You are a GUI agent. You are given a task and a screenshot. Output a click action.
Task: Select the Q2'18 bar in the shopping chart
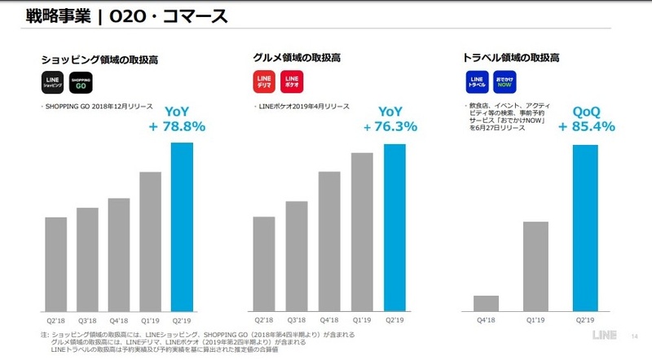tap(55, 265)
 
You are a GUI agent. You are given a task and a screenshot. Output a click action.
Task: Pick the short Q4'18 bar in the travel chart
tap(487, 304)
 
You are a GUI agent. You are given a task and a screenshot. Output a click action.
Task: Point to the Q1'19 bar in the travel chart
tap(535, 266)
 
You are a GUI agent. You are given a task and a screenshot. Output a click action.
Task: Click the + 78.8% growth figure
tap(177, 126)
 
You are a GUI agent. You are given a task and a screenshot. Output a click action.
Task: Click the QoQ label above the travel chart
tap(587, 111)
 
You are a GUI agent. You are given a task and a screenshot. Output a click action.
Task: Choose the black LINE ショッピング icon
tap(53, 82)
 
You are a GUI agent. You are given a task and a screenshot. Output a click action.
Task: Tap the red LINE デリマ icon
tap(265, 82)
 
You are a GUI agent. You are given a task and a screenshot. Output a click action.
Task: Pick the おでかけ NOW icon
tap(504, 82)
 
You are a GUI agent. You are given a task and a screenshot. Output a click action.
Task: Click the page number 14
tap(635, 336)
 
